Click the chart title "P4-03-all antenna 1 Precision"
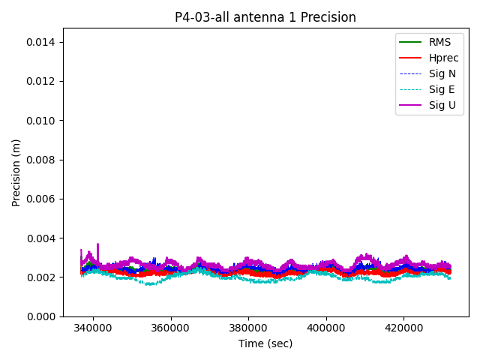[265, 17]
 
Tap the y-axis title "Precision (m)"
[16, 172]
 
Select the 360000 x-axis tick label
[170, 328]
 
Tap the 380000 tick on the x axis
[248, 328]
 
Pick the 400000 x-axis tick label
[326, 328]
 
